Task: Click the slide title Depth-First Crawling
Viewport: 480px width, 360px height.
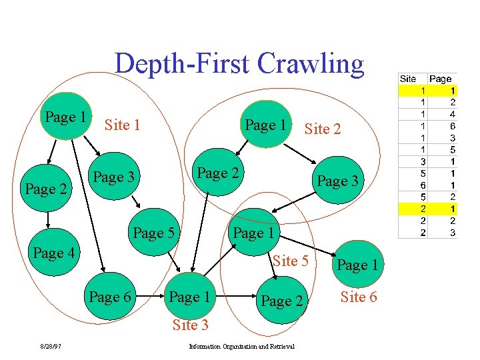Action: (x=239, y=64)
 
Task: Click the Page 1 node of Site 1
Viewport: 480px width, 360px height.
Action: (x=66, y=118)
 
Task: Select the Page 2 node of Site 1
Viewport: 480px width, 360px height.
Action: (x=45, y=189)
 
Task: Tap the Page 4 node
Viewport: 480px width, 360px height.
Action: (x=54, y=253)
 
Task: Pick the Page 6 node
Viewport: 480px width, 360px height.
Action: (x=111, y=297)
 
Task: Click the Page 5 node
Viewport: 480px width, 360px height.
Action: (x=154, y=233)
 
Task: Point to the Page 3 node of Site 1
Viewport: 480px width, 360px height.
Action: (x=114, y=177)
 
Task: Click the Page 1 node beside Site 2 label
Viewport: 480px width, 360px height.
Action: (x=265, y=125)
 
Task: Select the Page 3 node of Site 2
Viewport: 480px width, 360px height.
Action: (x=337, y=181)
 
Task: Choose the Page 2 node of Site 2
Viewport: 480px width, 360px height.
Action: (x=218, y=173)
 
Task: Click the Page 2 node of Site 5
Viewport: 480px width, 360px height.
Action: (x=281, y=301)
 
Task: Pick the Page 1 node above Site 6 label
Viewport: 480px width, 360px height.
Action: (x=357, y=265)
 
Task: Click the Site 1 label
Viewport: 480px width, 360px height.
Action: (x=122, y=125)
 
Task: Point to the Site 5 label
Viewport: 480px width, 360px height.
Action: (x=290, y=261)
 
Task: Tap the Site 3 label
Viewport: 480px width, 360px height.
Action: (x=190, y=325)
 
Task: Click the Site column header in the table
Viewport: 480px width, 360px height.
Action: (x=408, y=79)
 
